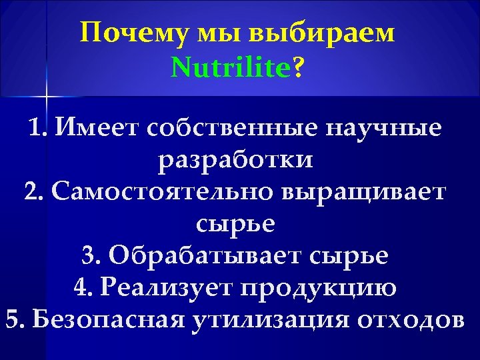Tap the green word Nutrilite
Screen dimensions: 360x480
click(x=231, y=67)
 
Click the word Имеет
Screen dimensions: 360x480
click(x=99, y=128)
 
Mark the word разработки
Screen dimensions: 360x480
click(x=235, y=160)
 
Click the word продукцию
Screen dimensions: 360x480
click(x=319, y=287)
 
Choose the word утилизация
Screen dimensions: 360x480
click(x=270, y=319)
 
